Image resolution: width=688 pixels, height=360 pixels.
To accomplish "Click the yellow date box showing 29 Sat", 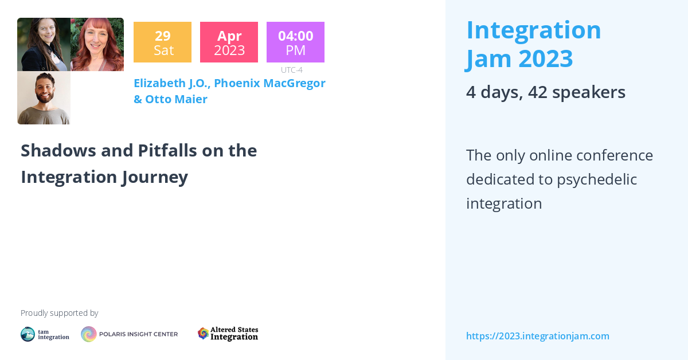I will [162, 42].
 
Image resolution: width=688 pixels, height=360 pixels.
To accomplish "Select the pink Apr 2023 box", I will [229, 42].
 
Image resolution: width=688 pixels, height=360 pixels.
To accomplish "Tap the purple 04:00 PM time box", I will [295, 42].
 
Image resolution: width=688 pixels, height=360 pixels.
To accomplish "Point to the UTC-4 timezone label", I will [292, 70].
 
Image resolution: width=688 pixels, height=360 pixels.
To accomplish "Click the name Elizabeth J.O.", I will [171, 83].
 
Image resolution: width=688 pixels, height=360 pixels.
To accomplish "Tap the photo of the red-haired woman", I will [97, 44].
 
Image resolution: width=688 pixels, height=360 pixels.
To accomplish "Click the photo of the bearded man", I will [44, 98].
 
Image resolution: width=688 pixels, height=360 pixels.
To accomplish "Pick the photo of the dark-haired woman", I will [44, 44].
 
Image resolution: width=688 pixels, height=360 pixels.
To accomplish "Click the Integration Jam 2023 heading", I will [533, 44].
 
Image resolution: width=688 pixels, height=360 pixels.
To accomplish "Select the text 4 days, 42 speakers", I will [545, 92].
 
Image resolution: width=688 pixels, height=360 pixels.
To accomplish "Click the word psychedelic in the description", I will [597, 179].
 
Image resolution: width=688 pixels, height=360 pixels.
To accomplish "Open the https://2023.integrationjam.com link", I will [537, 336].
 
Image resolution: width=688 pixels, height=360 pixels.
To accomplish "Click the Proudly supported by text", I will [59, 313].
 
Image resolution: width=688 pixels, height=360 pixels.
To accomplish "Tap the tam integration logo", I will [45, 334].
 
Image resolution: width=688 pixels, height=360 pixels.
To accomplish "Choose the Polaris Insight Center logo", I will [129, 334].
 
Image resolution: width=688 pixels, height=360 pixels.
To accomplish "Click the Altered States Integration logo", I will [228, 334].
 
